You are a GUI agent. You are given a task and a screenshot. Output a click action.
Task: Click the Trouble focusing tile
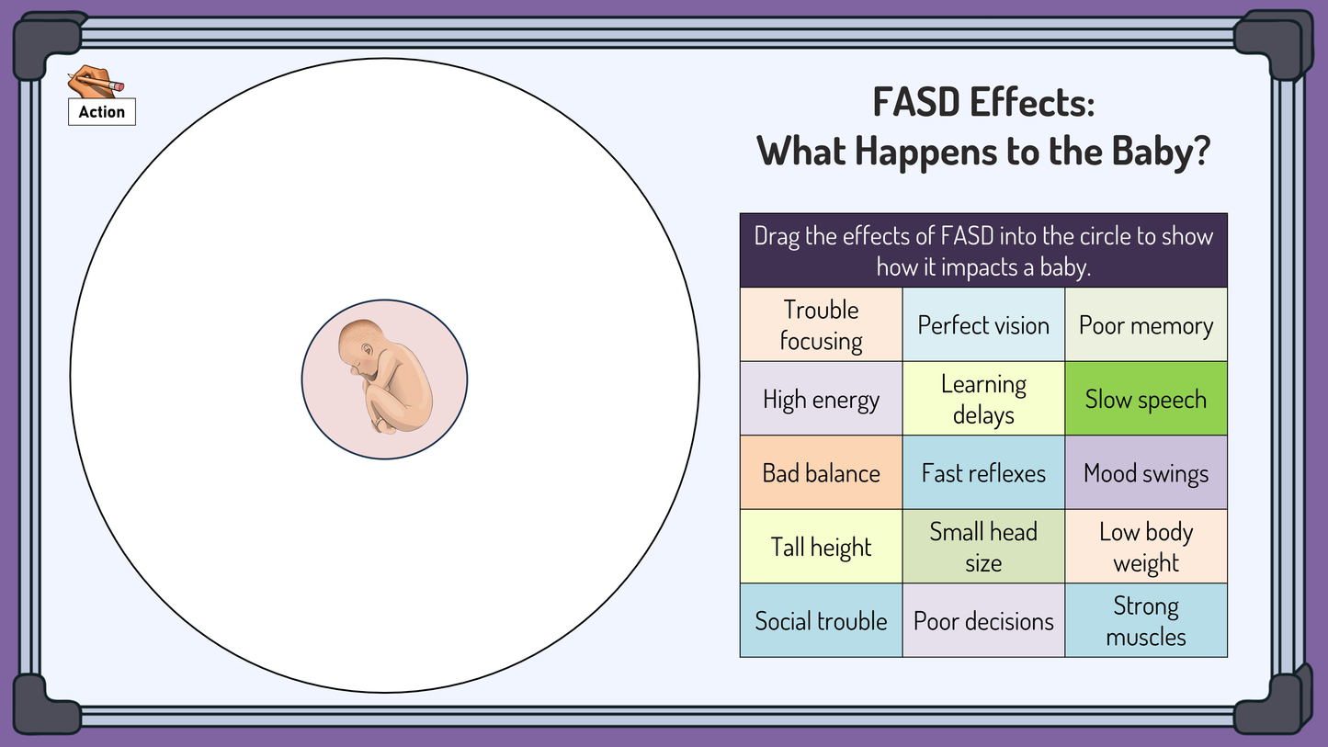click(x=821, y=325)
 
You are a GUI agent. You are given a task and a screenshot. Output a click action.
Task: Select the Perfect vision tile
click(x=983, y=325)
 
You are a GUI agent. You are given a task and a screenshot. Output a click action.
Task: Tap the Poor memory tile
click(x=1146, y=325)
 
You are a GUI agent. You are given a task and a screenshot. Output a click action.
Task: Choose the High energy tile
click(x=821, y=399)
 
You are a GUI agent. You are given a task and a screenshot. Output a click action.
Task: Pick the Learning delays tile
click(x=983, y=399)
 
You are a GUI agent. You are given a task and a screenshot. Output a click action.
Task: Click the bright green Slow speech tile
click(x=1146, y=399)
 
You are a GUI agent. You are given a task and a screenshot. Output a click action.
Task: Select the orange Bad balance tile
click(x=821, y=473)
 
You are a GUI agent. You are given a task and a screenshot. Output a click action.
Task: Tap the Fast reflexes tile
click(x=983, y=473)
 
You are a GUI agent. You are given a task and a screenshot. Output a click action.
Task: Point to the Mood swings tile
click(x=1146, y=473)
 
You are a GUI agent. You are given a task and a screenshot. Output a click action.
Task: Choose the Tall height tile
click(x=821, y=547)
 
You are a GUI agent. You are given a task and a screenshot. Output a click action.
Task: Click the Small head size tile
click(x=983, y=547)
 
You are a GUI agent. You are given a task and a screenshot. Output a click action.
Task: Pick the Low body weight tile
click(x=1146, y=547)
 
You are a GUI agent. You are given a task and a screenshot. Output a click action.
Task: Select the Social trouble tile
click(x=821, y=621)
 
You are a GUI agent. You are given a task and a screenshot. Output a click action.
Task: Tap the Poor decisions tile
click(x=983, y=621)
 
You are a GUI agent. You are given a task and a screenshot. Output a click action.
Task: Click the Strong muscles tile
click(x=1146, y=621)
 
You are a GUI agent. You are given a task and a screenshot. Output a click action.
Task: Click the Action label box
click(x=102, y=111)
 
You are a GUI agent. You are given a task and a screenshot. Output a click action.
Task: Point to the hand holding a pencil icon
click(x=95, y=82)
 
